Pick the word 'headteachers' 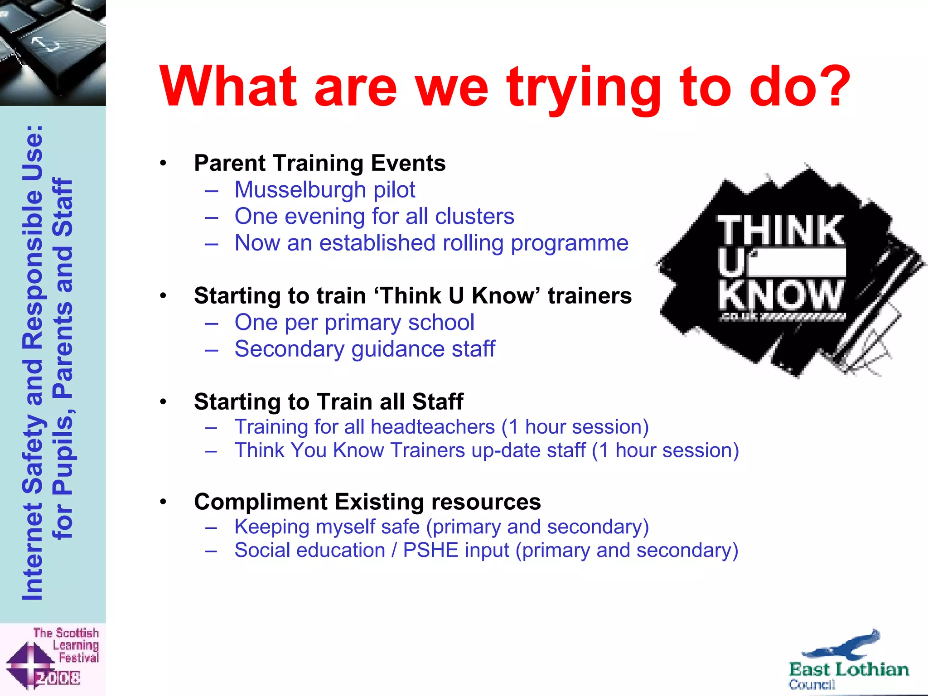[x=433, y=427]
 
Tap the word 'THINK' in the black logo [x=780, y=231]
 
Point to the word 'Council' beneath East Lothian [x=812, y=684]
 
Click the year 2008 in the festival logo [x=58, y=678]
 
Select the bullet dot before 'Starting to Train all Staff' [x=163, y=402]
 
